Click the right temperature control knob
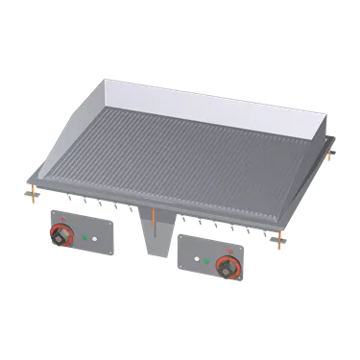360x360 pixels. tap(228, 266)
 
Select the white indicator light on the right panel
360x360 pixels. tap(200, 260)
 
